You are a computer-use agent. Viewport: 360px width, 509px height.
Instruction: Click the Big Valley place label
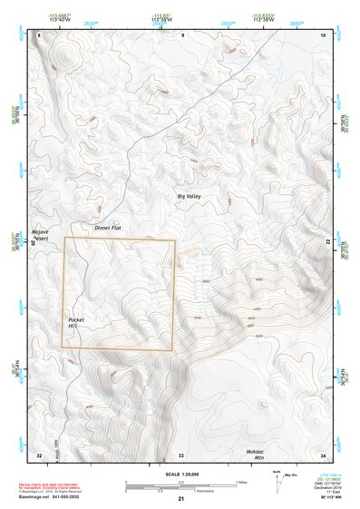pyautogui.click(x=190, y=197)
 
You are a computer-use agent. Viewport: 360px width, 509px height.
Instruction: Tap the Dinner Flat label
pyautogui.click(x=108, y=228)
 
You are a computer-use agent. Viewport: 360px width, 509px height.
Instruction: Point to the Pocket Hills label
pyautogui.click(x=75, y=323)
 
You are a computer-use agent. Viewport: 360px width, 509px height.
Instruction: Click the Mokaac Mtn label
pyautogui.click(x=255, y=454)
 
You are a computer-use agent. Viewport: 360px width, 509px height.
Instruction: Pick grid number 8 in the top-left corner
pyautogui.click(x=39, y=34)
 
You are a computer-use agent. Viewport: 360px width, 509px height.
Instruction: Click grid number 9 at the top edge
pyautogui.click(x=182, y=34)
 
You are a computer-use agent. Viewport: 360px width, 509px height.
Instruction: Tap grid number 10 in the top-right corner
pyautogui.click(x=324, y=34)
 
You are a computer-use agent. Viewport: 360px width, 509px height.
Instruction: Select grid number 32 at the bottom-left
pyautogui.click(x=39, y=454)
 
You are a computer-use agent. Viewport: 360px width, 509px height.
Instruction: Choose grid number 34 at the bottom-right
pyautogui.click(x=323, y=454)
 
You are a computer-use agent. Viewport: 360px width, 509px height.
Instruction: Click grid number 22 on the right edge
pyautogui.click(x=327, y=240)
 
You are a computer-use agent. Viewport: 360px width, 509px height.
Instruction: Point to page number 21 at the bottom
pyautogui.click(x=180, y=500)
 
